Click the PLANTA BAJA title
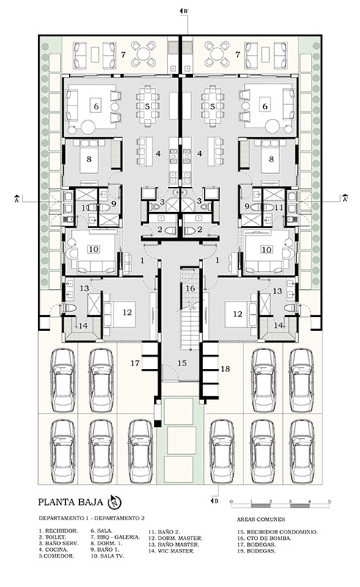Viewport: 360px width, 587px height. coord(70,502)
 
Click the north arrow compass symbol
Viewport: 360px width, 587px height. coord(115,502)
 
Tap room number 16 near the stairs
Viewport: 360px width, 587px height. coord(190,288)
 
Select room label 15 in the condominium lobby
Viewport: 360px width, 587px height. coord(182,363)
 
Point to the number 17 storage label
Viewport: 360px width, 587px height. coord(135,363)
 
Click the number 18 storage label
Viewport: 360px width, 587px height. coord(225,369)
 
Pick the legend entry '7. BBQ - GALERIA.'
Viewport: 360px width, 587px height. coord(115,537)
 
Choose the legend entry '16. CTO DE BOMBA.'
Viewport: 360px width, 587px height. coord(264,539)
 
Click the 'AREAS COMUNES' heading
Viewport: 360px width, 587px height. coord(261,519)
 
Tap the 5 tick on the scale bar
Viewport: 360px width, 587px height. coord(329,501)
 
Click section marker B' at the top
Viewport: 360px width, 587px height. coord(185,11)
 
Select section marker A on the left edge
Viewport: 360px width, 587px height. coord(16,199)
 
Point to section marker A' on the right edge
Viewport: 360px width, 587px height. coord(345,199)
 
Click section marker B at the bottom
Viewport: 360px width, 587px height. coord(214,501)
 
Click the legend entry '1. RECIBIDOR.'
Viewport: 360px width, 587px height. coord(58,531)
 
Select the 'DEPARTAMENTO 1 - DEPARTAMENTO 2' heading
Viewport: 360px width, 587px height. coord(92,519)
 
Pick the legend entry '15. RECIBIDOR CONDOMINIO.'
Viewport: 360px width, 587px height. coord(277,532)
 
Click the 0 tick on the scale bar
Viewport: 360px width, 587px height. coord(231,501)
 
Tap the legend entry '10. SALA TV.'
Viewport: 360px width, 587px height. coord(107,556)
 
